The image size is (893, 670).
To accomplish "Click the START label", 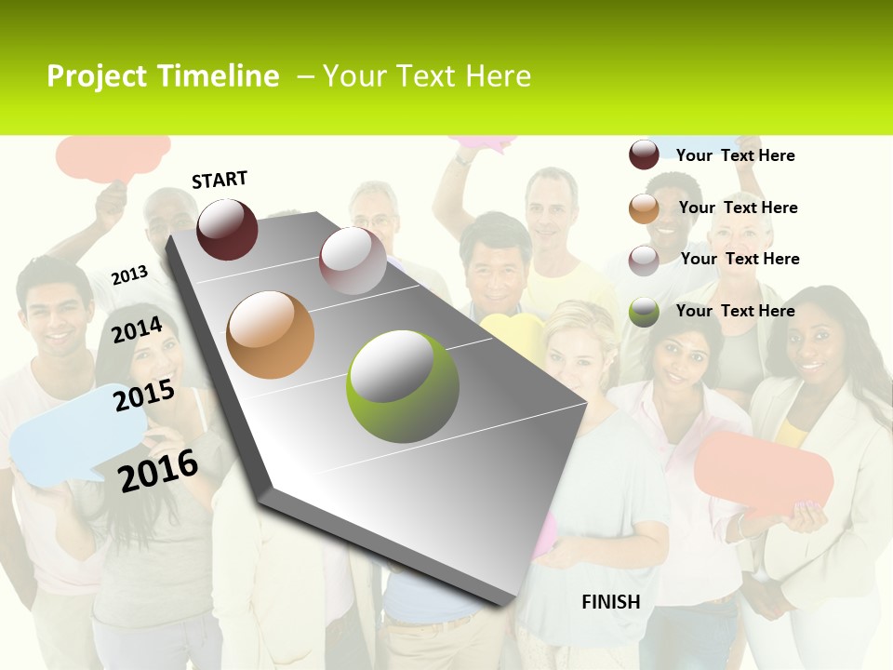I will click(220, 180).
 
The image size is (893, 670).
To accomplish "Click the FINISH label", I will click(610, 602).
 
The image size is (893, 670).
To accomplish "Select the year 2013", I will click(129, 275).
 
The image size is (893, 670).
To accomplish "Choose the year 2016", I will click(158, 471).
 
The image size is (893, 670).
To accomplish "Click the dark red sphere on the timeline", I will click(227, 229).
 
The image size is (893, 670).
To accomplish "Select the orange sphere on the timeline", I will click(270, 334).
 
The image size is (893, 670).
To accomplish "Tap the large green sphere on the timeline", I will click(402, 386).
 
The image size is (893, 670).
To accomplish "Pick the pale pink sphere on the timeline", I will click(353, 260).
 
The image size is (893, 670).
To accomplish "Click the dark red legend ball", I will click(644, 155).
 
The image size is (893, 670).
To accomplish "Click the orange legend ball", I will click(644, 208).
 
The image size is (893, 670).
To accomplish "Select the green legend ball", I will click(644, 312).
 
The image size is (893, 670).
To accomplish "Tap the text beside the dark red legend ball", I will click(735, 155).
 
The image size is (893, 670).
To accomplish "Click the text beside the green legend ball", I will click(735, 311).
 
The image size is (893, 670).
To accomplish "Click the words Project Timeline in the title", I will click(163, 76).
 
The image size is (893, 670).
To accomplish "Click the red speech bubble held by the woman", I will click(763, 472).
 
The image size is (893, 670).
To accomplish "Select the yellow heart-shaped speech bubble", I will click(512, 335).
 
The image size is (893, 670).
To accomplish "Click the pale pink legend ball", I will click(644, 261).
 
